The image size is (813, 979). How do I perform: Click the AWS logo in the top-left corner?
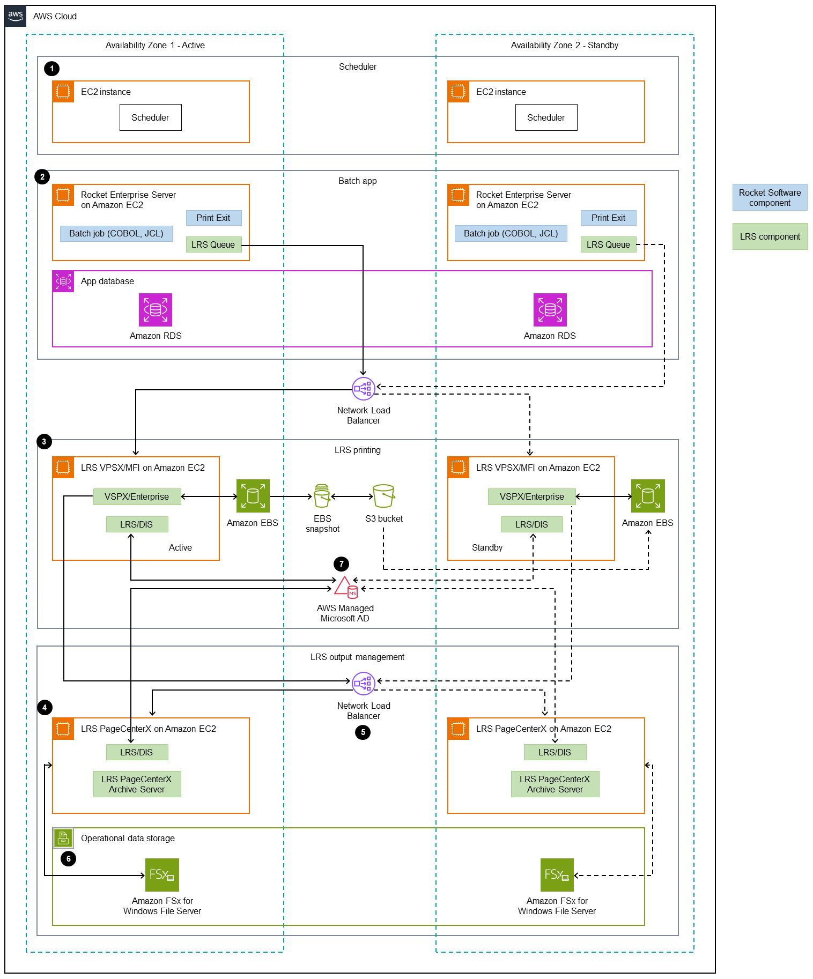coord(16,16)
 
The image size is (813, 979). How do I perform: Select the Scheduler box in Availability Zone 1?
coord(150,117)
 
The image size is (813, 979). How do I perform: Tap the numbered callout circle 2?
coord(42,177)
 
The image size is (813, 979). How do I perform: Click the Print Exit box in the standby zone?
coord(608,218)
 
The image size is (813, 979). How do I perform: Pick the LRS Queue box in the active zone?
coord(213,244)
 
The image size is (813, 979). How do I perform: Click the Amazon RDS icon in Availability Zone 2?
coord(550,310)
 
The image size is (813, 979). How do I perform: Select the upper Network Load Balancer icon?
coord(363,389)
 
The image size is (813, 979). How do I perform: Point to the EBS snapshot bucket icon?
coord(322,496)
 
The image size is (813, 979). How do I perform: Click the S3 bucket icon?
coord(383,496)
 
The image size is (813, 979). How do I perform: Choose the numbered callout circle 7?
coord(341,564)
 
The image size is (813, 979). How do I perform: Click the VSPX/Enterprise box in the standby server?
coord(531,496)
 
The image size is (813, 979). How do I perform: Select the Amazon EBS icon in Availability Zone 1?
coord(253,496)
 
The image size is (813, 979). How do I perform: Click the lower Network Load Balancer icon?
coord(363,684)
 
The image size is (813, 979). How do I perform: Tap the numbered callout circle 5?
coord(363,732)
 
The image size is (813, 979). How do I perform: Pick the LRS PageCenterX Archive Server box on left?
coord(137,784)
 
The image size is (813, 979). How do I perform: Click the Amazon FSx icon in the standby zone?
coord(557,875)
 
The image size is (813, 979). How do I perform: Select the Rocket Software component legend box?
coord(770,198)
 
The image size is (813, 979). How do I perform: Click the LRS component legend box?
coord(770,236)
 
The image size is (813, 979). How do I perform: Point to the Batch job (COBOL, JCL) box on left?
coord(116,233)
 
